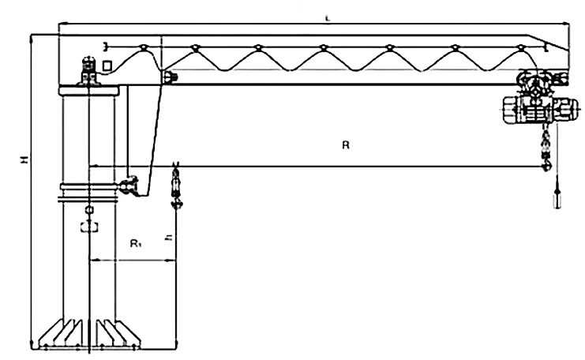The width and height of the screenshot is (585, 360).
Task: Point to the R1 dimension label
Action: [135, 245]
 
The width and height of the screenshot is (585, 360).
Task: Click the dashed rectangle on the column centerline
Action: [88, 227]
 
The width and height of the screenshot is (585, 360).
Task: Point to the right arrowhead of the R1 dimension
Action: [172, 259]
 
